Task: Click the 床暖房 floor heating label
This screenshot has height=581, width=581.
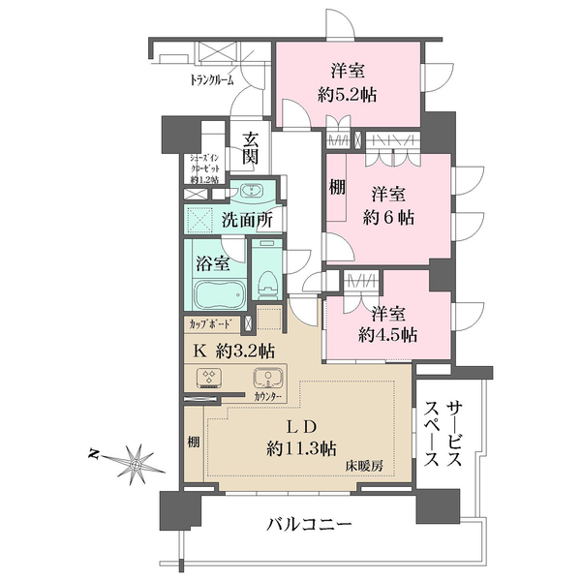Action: (366, 466)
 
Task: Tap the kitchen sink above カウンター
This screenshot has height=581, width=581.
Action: (265, 380)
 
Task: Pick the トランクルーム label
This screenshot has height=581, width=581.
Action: (211, 82)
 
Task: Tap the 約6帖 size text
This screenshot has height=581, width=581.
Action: (391, 218)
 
